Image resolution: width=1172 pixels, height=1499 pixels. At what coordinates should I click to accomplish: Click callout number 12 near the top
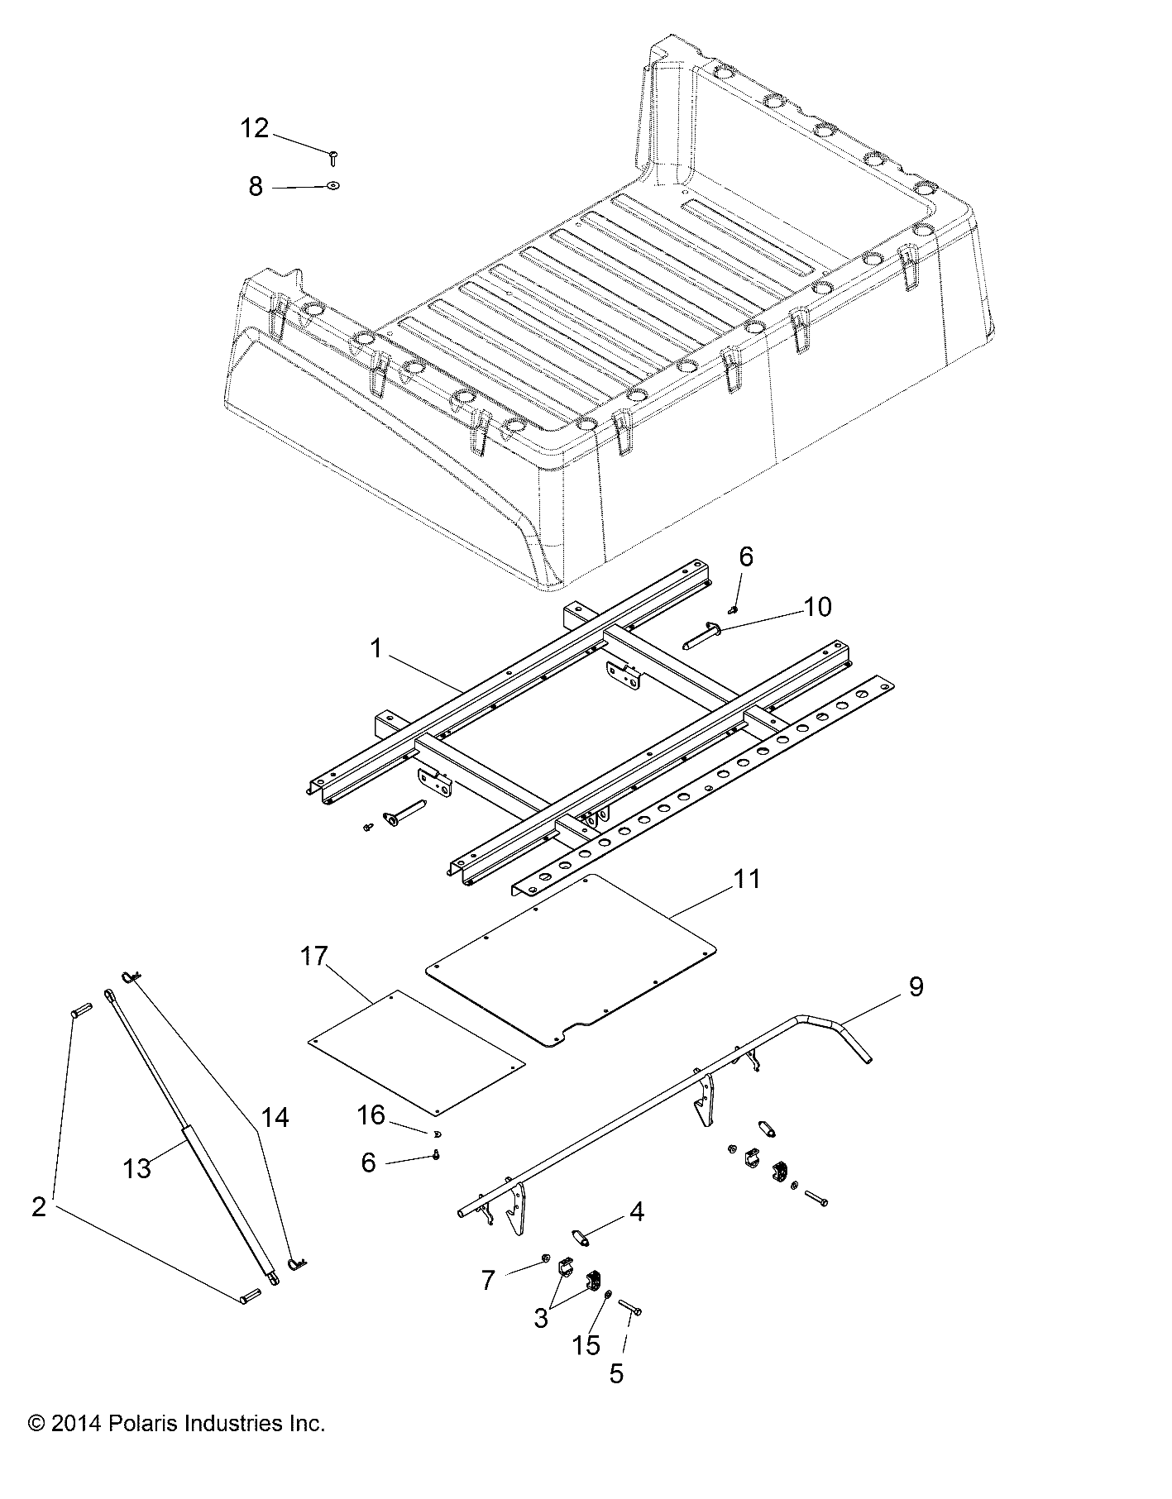tap(255, 129)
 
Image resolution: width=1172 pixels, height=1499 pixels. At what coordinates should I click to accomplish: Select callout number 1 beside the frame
tap(376, 650)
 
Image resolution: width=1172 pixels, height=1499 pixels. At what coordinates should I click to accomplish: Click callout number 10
tap(817, 607)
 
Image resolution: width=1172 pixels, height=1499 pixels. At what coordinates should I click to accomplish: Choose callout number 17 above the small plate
tap(314, 957)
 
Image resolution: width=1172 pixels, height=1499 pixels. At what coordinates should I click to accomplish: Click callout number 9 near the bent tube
tap(916, 986)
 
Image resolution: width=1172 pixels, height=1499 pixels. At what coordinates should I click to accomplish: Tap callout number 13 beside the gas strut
tap(137, 1168)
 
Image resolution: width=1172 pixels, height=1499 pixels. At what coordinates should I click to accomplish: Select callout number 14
tap(275, 1118)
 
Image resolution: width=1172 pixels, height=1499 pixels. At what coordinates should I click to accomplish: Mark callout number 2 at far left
tap(39, 1207)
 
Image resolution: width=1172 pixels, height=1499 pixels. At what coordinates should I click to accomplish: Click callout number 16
tap(371, 1116)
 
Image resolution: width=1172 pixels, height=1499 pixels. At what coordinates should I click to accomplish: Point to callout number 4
tap(635, 1212)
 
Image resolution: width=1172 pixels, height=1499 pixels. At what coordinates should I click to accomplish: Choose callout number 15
tap(586, 1345)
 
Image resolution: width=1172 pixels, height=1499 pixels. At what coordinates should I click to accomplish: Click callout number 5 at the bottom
tap(616, 1374)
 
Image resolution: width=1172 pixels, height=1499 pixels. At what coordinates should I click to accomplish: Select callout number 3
tap(541, 1317)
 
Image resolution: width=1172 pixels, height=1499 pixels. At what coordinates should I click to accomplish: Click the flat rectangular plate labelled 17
tap(416, 1051)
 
